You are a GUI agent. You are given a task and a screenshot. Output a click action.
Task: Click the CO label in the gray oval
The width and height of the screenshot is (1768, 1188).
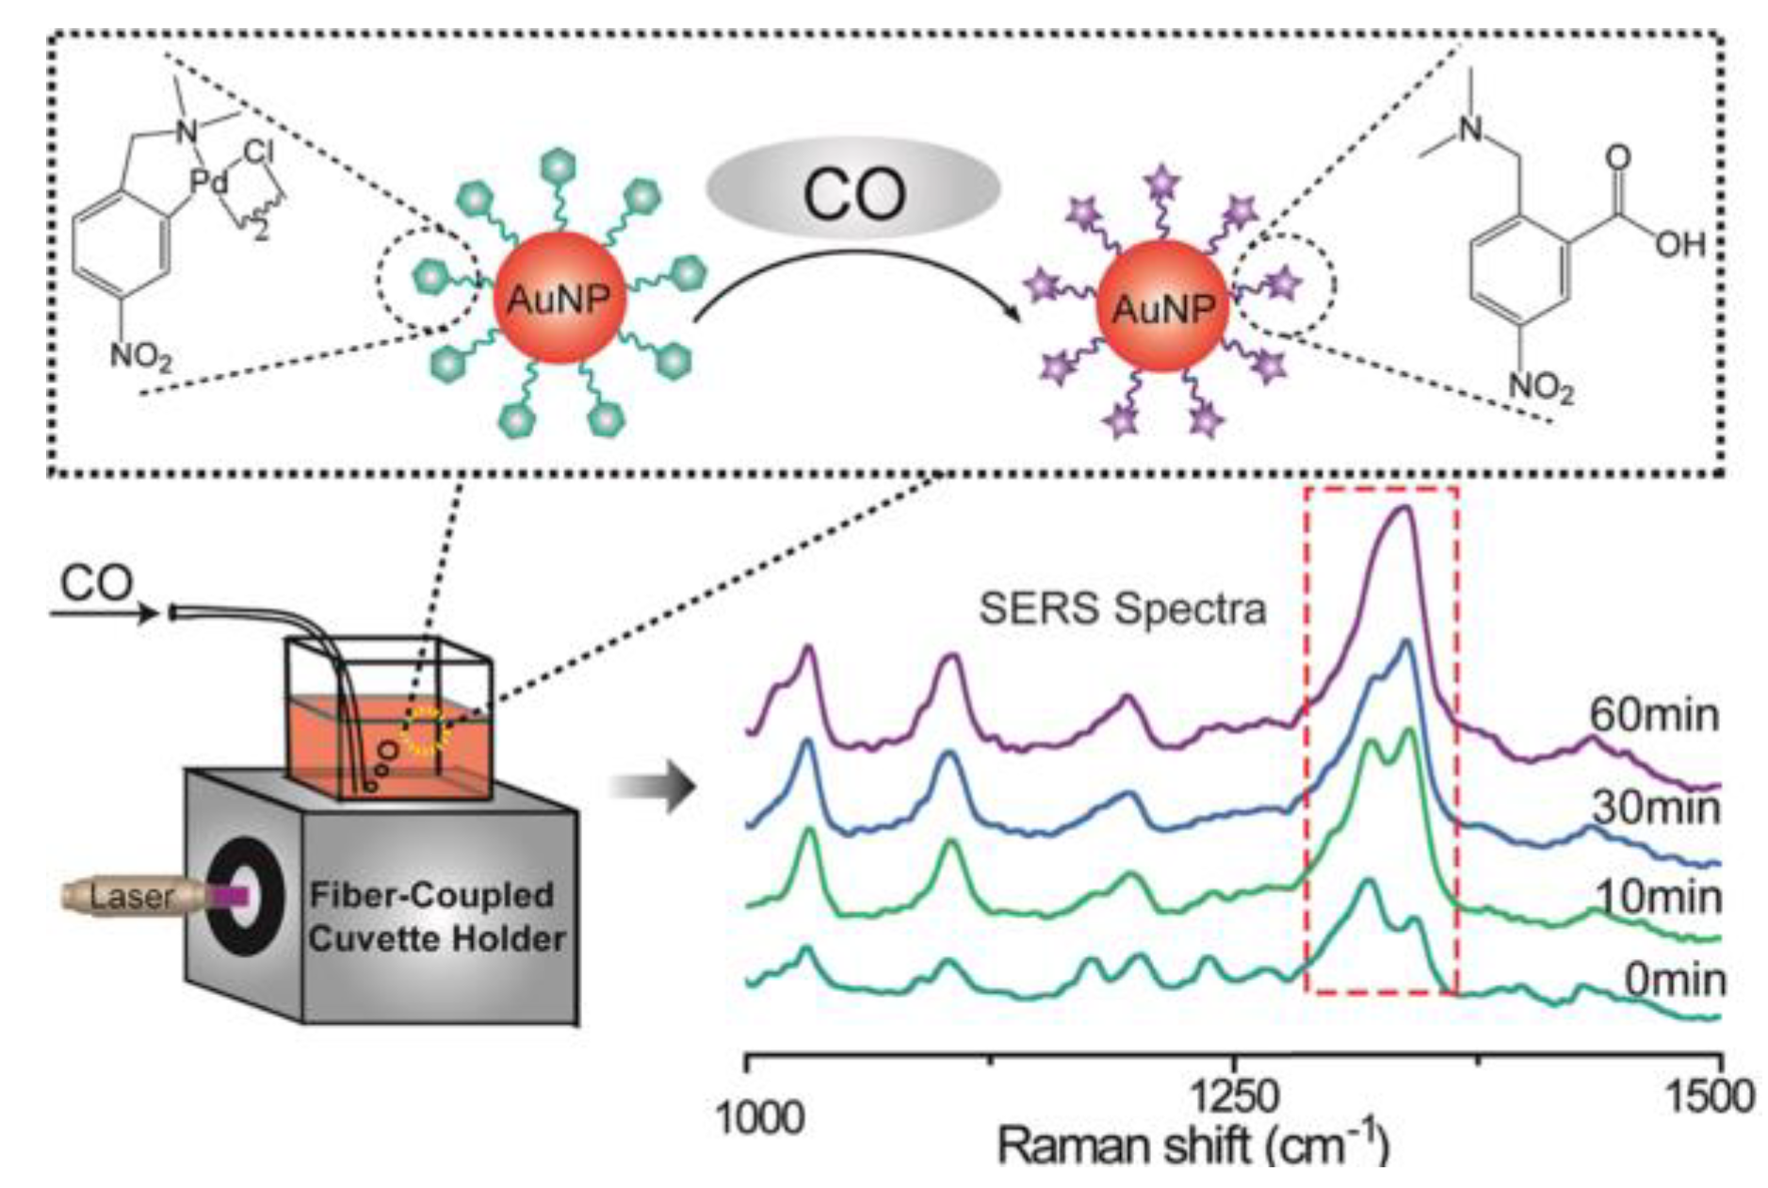[x=852, y=191]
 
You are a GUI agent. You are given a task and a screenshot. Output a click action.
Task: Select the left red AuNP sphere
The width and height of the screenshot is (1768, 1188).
[x=559, y=299]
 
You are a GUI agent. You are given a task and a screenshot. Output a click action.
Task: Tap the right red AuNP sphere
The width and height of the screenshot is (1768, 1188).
[x=1163, y=306]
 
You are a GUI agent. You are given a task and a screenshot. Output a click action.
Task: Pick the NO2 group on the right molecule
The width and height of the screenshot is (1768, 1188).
[x=1542, y=386]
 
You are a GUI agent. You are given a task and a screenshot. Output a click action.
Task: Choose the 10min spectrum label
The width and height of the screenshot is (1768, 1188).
[x=1658, y=897]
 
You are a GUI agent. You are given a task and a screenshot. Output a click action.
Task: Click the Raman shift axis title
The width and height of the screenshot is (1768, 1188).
[x=1192, y=1146]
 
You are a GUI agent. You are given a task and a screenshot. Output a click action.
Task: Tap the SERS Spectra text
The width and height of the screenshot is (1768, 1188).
[x=1122, y=609]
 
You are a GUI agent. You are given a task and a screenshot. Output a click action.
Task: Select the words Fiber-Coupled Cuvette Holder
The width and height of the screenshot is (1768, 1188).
[x=436, y=916]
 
